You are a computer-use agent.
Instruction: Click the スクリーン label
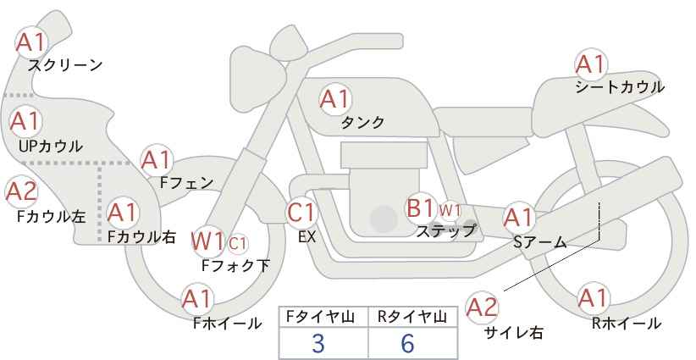click(x=65, y=64)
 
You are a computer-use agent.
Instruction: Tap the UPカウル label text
click(x=51, y=146)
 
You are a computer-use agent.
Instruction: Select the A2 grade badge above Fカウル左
click(x=21, y=191)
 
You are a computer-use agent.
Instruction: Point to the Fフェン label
click(x=186, y=181)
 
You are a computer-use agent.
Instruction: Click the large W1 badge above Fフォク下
click(x=207, y=241)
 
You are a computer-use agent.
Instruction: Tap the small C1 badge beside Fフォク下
click(x=238, y=242)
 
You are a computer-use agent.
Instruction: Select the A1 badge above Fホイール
click(x=197, y=298)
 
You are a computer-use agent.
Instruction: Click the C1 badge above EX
click(x=302, y=212)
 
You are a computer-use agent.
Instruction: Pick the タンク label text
click(x=362, y=123)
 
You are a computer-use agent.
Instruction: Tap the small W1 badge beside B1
click(x=450, y=209)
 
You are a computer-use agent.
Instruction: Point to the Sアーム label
click(x=539, y=241)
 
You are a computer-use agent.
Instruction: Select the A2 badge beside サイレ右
click(x=483, y=306)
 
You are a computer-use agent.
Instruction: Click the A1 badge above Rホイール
click(x=591, y=298)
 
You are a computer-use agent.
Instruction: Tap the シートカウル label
click(x=620, y=86)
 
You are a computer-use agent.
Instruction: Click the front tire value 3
click(x=318, y=344)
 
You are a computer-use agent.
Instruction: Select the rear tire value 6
click(x=408, y=344)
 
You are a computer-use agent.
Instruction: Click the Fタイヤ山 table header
click(x=323, y=317)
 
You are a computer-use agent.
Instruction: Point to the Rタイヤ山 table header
click(x=412, y=317)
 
